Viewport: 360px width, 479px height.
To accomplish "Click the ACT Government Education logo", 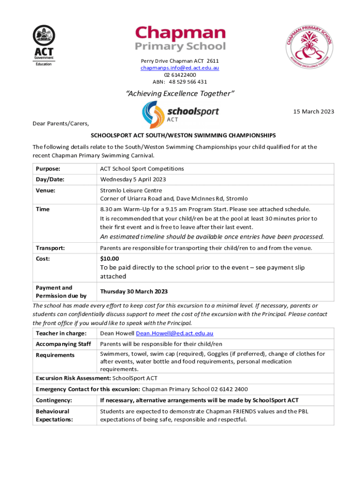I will tap(43, 45).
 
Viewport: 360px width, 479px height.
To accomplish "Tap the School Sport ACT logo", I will tap(180, 115).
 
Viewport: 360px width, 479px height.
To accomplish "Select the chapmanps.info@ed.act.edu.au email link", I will tap(180, 68).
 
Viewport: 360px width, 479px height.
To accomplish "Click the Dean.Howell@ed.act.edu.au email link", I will tap(174, 334).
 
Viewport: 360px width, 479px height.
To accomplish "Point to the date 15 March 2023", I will tap(313, 111).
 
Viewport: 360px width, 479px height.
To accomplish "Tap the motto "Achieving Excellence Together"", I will tap(180, 94).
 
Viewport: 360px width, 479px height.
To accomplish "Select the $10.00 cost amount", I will tap(110, 259).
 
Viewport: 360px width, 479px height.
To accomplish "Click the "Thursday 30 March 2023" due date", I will tap(134, 291).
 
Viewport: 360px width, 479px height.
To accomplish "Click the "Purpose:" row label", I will tap(48, 168).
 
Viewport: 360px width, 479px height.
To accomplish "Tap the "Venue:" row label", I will tap(45, 191).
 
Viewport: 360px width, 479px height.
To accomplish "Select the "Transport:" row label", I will tap(50, 248).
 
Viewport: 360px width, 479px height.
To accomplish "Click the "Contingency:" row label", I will tap(54, 400).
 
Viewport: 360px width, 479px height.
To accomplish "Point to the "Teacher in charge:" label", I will tap(61, 334).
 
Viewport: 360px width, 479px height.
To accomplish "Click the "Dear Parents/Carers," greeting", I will tap(60, 124).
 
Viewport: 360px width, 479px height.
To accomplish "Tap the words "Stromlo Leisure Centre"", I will tap(131, 191).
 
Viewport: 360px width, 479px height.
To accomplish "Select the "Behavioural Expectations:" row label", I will tap(54, 415).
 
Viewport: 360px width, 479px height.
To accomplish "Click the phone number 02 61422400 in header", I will tap(180, 75).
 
